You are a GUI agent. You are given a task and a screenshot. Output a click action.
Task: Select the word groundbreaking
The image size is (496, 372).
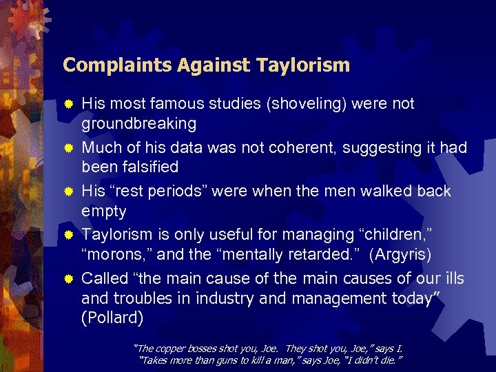coord(138,124)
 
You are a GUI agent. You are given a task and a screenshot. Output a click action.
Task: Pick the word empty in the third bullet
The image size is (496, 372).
coord(103,211)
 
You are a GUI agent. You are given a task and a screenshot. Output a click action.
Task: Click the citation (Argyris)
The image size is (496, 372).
coord(400,255)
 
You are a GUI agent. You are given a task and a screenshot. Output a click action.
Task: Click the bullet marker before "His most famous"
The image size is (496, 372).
coord(68,105)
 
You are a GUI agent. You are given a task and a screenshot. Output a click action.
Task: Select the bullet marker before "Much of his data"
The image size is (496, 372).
coord(68,148)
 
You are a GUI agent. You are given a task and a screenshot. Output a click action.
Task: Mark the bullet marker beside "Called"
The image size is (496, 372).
coord(68,279)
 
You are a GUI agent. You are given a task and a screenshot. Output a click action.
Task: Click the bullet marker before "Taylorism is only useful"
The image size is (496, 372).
coord(68,236)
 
